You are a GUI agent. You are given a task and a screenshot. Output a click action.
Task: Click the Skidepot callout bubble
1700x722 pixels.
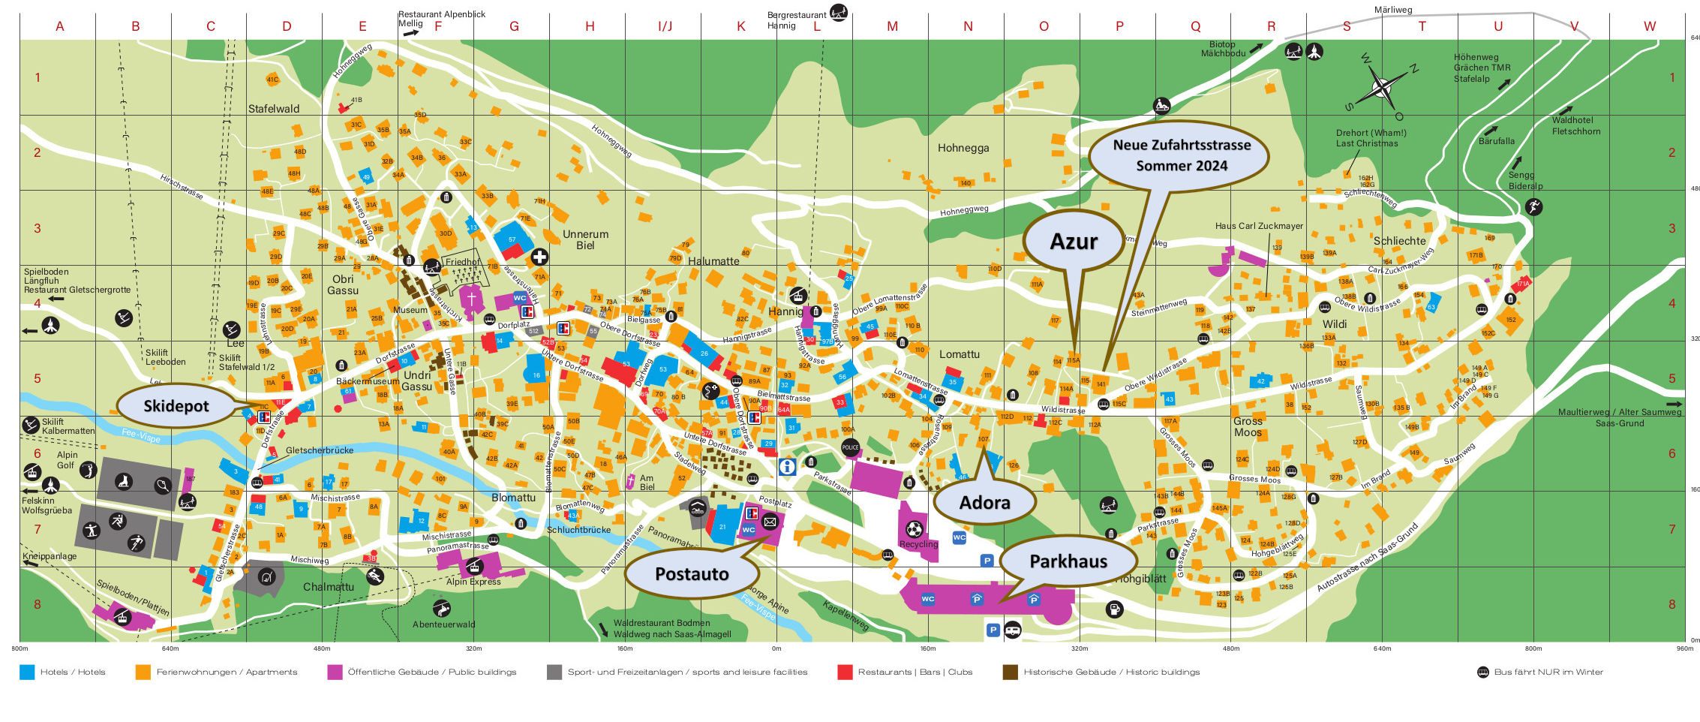pyautogui.click(x=176, y=406)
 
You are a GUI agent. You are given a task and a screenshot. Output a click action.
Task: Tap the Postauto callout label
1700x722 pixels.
pyautogui.click(x=692, y=574)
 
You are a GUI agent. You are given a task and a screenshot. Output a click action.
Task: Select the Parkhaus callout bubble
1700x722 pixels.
pyautogui.click(x=1068, y=561)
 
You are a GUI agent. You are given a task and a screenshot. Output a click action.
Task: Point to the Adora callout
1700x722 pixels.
pyautogui.click(x=984, y=503)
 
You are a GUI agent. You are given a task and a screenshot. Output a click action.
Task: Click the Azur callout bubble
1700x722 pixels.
pyautogui.click(x=1073, y=242)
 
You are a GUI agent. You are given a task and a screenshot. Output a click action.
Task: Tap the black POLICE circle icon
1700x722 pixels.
pyautogui.click(x=849, y=447)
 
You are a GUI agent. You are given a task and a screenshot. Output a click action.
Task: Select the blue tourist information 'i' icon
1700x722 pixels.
pyautogui.click(x=787, y=467)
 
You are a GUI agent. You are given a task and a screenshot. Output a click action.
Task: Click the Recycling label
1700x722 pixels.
pyautogui.click(x=918, y=544)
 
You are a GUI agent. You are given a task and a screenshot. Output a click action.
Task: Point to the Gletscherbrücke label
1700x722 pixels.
pyautogui.click(x=319, y=450)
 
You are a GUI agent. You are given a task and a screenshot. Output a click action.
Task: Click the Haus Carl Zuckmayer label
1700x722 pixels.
pyautogui.click(x=1259, y=226)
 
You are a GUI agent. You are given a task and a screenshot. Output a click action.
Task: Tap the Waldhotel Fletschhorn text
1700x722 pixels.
pyautogui.click(x=1575, y=125)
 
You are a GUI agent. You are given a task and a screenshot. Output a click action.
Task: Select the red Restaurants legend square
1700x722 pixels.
pyautogui.click(x=845, y=672)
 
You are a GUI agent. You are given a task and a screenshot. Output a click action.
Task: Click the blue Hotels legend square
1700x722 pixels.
pyautogui.click(x=27, y=672)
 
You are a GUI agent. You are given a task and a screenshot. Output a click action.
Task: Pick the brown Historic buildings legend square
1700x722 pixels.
pyautogui.click(x=1011, y=672)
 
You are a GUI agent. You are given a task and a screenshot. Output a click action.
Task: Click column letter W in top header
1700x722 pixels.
pyautogui.click(x=1649, y=26)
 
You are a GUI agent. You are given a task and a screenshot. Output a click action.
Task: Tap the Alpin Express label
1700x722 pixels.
pyautogui.click(x=473, y=582)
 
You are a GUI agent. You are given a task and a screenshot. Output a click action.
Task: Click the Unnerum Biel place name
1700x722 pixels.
pyautogui.click(x=585, y=239)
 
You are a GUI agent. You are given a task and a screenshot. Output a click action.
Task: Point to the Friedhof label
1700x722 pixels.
pyautogui.click(x=462, y=262)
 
